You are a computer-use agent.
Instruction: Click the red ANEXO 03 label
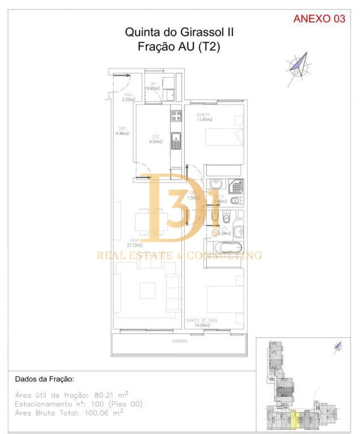click(x=319, y=19)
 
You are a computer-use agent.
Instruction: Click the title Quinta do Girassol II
click(x=179, y=32)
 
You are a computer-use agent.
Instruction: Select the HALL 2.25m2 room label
click(x=129, y=97)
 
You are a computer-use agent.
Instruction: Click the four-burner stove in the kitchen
click(x=176, y=116)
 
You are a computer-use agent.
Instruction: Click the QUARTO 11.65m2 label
click(x=204, y=117)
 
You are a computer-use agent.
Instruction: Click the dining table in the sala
click(x=151, y=220)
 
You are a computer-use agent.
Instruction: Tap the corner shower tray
click(x=236, y=186)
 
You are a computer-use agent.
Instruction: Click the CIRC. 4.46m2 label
click(x=122, y=131)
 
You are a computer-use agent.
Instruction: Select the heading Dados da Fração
click(x=44, y=379)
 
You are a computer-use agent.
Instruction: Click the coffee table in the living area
click(x=147, y=288)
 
